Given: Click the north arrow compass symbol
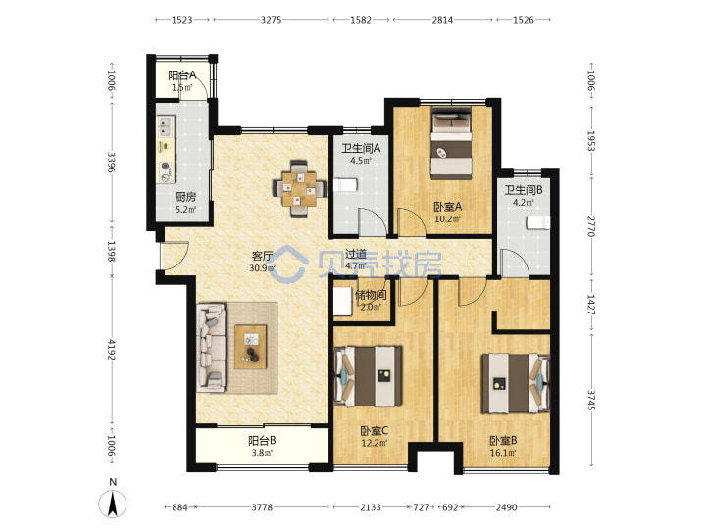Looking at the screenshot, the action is [x=113, y=503].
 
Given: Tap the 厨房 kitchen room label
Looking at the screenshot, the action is [x=185, y=197].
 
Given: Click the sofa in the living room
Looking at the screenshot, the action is [x=211, y=347].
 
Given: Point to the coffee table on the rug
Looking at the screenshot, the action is [x=251, y=347].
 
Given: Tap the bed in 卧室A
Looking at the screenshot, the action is [x=451, y=143].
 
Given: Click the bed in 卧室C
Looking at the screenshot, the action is [x=369, y=375].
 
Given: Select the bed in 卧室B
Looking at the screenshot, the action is [x=516, y=383].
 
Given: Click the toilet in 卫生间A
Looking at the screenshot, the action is [x=346, y=185].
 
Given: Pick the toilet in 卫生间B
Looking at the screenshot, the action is [x=538, y=222].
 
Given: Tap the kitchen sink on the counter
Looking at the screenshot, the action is [x=166, y=126].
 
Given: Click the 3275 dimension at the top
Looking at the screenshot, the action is [x=271, y=20].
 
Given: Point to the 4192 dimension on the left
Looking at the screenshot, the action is [x=111, y=350].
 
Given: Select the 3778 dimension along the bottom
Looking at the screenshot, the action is [x=262, y=507].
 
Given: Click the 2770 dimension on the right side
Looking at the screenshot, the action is [x=591, y=226].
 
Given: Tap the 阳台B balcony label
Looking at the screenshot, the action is [x=262, y=440].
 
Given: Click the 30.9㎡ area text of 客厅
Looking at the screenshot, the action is [x=263, y=268].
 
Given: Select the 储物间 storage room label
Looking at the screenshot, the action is [x=371, y=295].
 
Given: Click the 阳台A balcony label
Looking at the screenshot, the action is [x=182, y=75].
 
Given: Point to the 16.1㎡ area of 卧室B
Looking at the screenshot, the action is [x=503, y=452].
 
